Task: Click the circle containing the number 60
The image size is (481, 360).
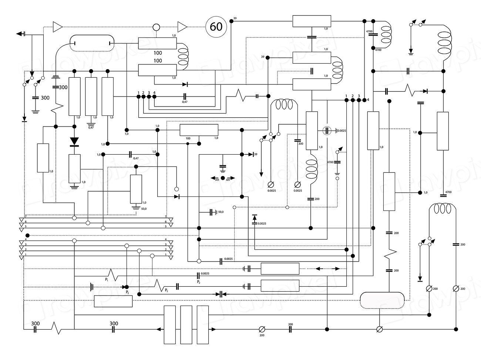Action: click(x=216, y=27)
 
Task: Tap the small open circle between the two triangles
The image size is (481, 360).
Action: click(x=157, y=27)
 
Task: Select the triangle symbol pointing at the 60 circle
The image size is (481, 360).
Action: click(x=182, y=27)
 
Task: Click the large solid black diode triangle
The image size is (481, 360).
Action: click(x=74, y=141)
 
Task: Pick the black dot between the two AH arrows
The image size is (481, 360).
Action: click(x=223, y=178)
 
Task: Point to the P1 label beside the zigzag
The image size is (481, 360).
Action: click(x=107, y=280)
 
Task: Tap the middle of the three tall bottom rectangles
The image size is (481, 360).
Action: click(x=186, y=325)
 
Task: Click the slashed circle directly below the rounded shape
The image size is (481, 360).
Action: click(x=379, y=329)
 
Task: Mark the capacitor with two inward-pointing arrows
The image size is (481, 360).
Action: click(x=221, y=294)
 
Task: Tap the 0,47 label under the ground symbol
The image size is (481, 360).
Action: click(x=91, y=127)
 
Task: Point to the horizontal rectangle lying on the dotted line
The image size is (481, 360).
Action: click(x=113, y=301)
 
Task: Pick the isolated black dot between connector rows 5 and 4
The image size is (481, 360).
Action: click(x=27, y=235)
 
